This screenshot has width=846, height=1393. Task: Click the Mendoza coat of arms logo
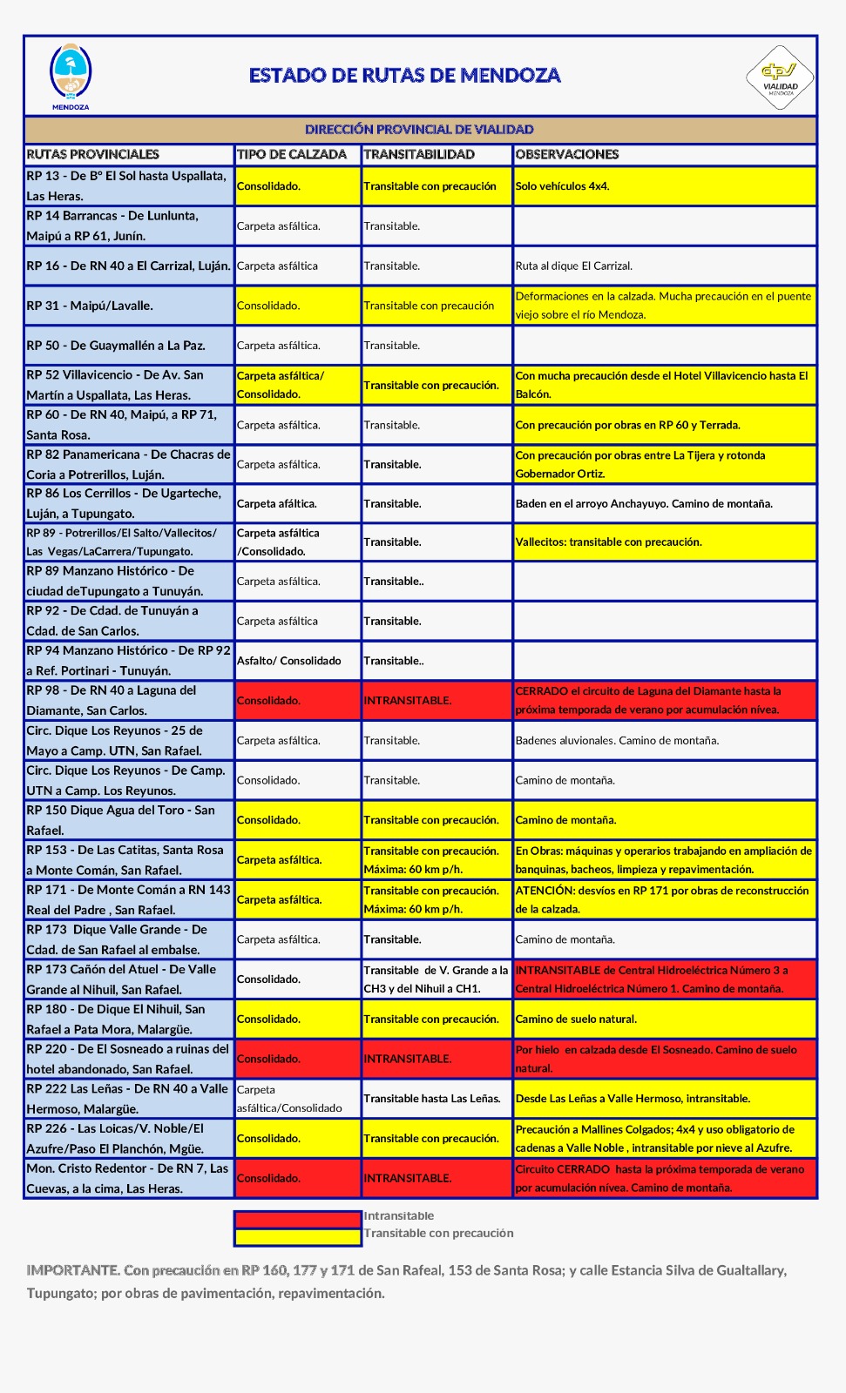(x=71, y=75)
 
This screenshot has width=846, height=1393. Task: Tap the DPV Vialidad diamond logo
(x=780, y=77)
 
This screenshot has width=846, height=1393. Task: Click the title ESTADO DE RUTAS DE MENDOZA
(x=404, y=76)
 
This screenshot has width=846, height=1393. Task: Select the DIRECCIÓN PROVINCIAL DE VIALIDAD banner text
(x=419, y=130)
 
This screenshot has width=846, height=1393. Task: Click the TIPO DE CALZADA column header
(x=292, y=155)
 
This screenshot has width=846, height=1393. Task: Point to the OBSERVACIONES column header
(x=567, y=155)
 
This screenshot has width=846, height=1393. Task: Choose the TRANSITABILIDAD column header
(x=419, y=155)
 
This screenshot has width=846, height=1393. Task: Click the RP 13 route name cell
(x=128, y=186)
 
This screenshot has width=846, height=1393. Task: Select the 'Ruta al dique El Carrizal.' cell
(x=574, y=266)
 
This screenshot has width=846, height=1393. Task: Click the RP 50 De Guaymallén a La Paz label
(x=116, y=346)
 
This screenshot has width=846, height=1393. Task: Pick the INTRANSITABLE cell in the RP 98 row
(x=408, y=701)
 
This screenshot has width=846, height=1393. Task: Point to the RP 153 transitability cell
(x=432, y=860)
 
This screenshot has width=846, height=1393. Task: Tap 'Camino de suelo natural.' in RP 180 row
(x=576, y=1020)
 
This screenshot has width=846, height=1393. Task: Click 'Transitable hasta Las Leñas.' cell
(x=432, y=1099)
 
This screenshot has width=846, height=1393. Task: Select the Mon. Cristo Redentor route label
(x=128, y=1178)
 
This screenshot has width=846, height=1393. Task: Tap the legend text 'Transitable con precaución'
(x=439, y=1234)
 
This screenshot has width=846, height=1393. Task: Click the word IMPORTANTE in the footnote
(x=72, y=1270)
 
